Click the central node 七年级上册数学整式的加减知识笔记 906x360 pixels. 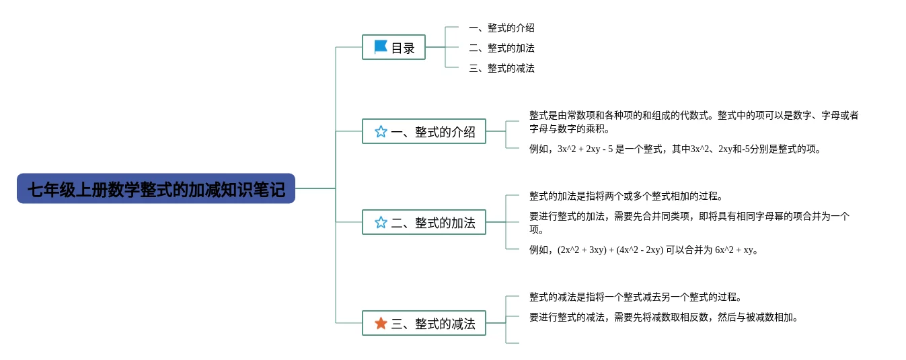(156, 189)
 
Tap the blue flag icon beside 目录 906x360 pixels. (381, 47)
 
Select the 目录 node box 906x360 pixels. (393, 47)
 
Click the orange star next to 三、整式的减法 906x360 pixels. (381, 324)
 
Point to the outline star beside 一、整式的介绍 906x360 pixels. (381, 132)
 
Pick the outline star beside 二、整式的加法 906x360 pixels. (381, 223)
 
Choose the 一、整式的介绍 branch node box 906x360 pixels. (424, 132)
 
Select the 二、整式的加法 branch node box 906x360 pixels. (424, 223)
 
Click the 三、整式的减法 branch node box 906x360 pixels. (424, 324)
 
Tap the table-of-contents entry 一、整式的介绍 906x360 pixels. (501, 28)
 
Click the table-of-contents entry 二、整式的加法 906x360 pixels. (501, 48)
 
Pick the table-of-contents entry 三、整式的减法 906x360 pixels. (501, 69)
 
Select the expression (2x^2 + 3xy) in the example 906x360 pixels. (581, 250)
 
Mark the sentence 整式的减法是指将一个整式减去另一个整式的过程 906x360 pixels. (635, 297)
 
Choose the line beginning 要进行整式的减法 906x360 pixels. (663, 318)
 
